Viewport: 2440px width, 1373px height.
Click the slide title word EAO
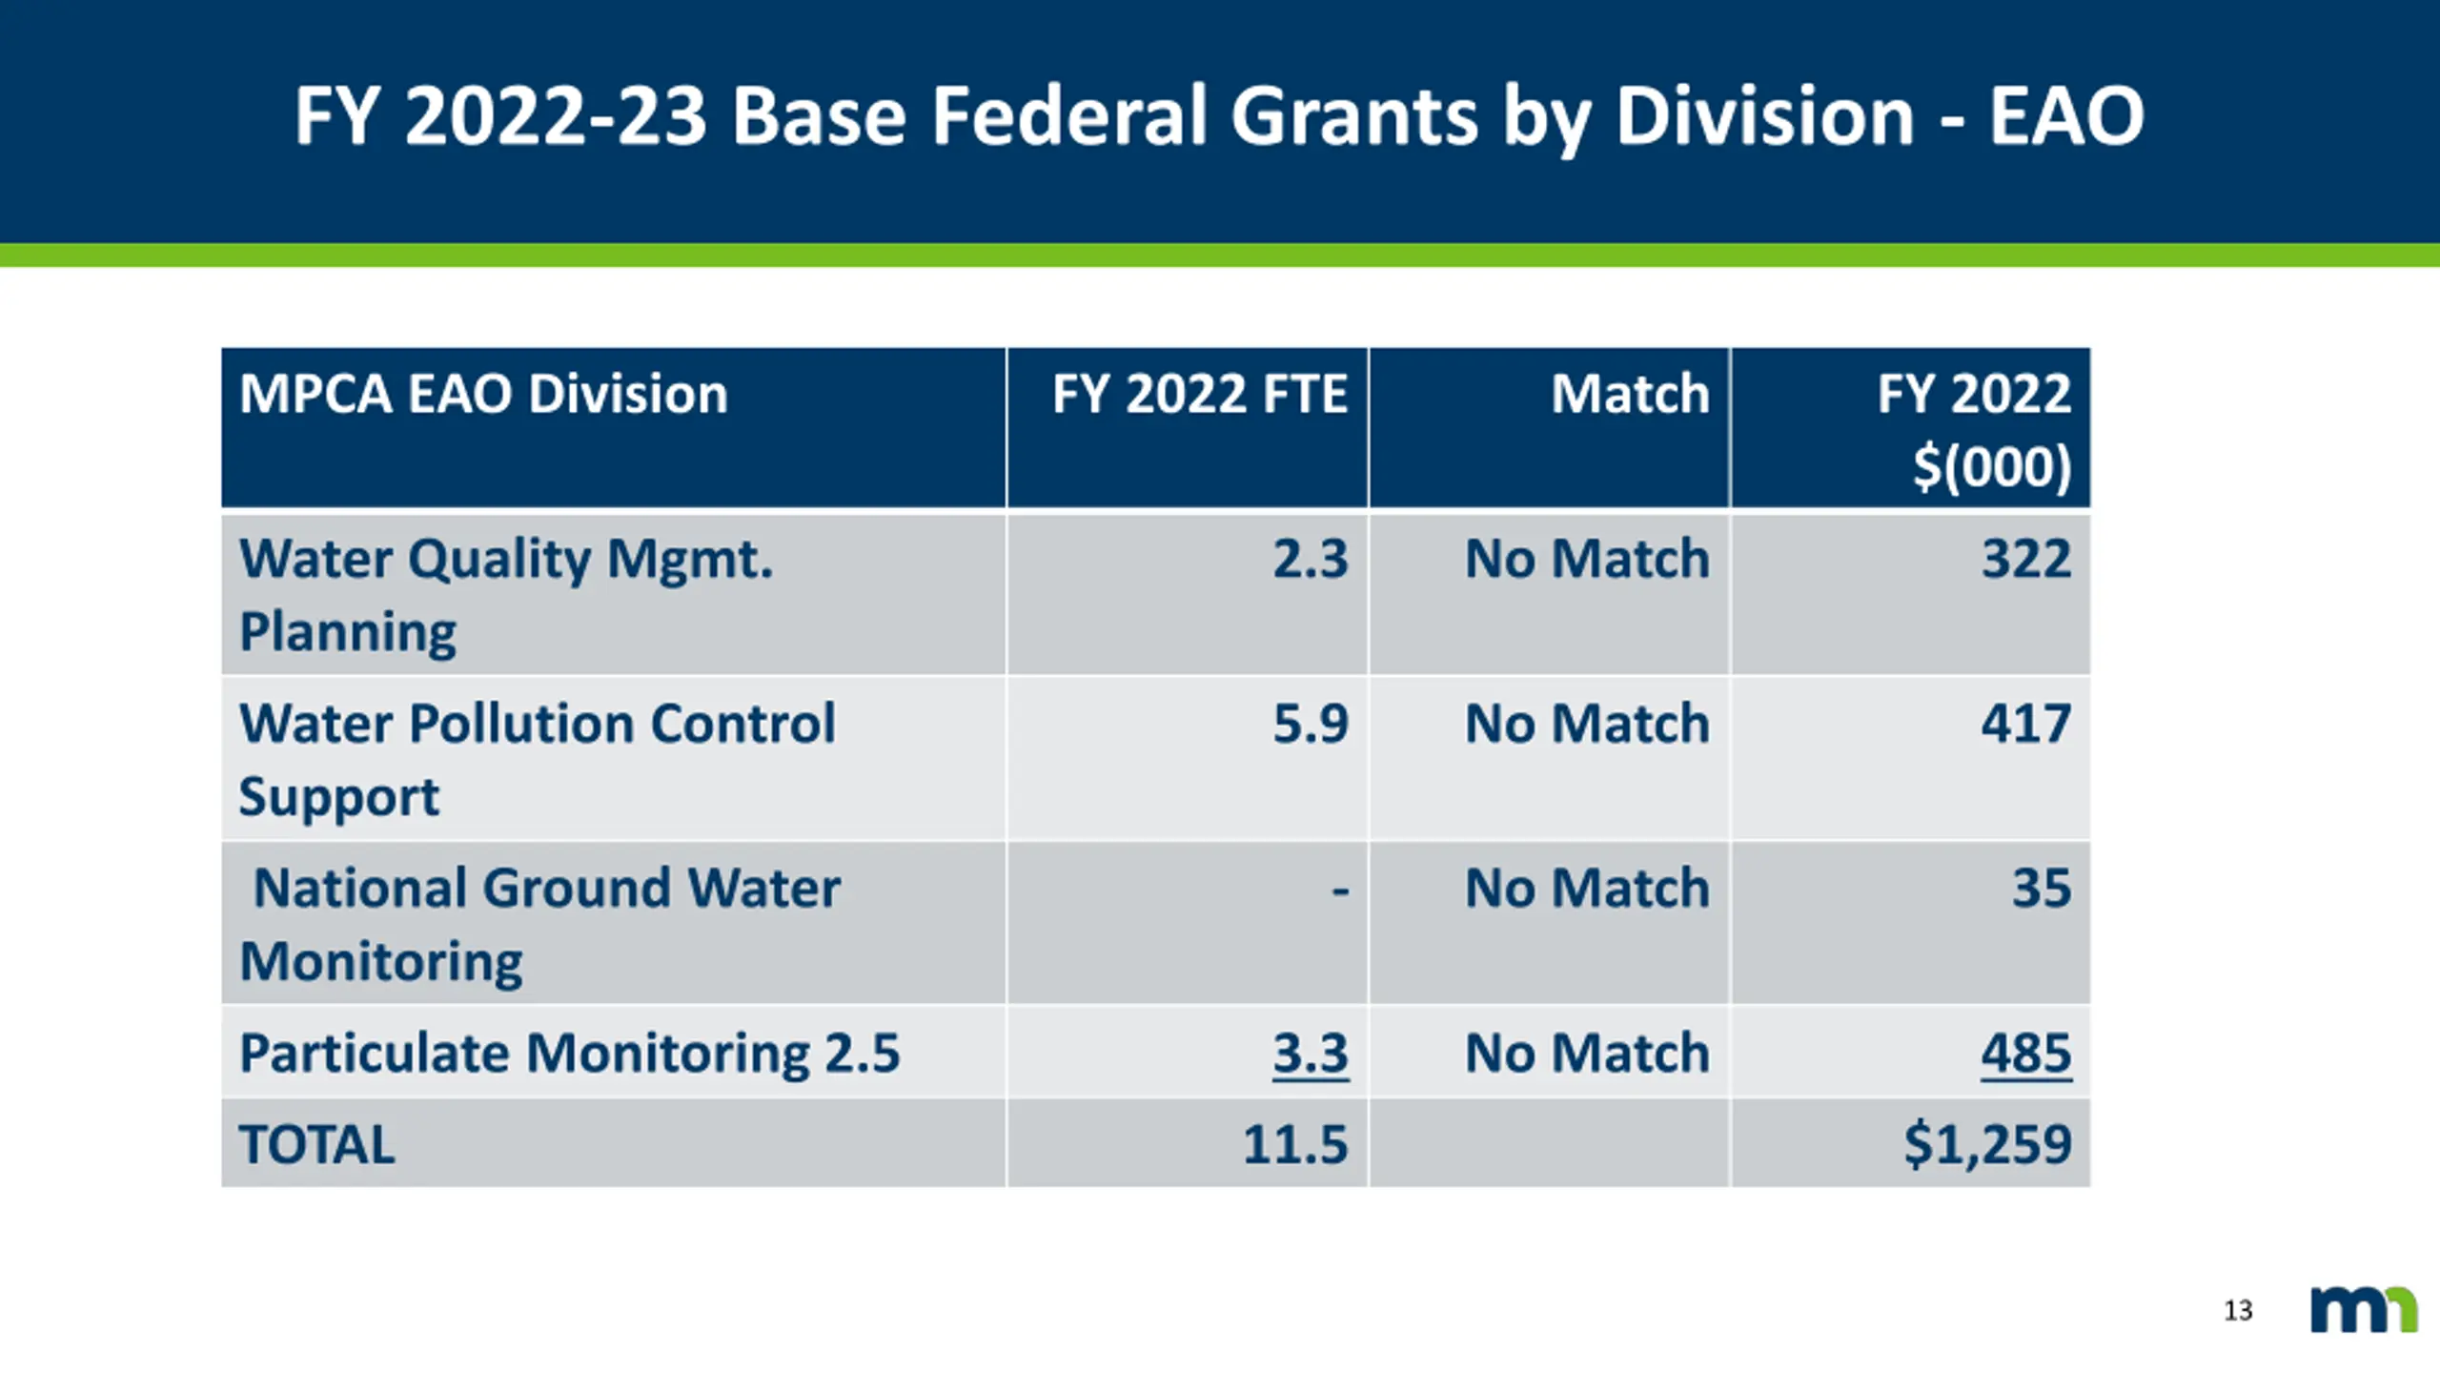[2065, 116]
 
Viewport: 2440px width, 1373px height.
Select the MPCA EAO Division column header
[483, 394]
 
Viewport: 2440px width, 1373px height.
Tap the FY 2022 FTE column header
[1199, 394]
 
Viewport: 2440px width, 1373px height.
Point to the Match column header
[1630, 394]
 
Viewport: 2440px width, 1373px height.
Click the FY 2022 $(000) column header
[1974, 429]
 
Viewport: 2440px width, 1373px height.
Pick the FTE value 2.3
[1311, 559]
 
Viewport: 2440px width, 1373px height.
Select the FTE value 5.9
[1311, 724]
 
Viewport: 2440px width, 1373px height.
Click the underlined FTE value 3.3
[1311, 1054]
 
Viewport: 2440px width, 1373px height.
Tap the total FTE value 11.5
[1295, 1144]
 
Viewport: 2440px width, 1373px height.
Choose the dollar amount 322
[2026, 559]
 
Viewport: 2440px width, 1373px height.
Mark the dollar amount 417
[2026, 724]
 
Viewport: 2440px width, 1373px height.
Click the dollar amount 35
[2042, 889]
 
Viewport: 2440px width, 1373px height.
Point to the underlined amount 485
[2026, 1054]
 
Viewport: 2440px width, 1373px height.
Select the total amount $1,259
[1988, 1144]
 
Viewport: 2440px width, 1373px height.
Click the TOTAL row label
[316, 1144]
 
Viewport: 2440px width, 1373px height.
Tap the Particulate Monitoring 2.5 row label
[569, 1054]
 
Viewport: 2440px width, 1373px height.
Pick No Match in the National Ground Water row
[1587, 889]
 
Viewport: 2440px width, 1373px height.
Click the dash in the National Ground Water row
[1340, 891]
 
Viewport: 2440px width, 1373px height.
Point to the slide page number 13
[2238, 1311]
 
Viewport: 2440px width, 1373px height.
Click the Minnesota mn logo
[2364, 1310]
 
